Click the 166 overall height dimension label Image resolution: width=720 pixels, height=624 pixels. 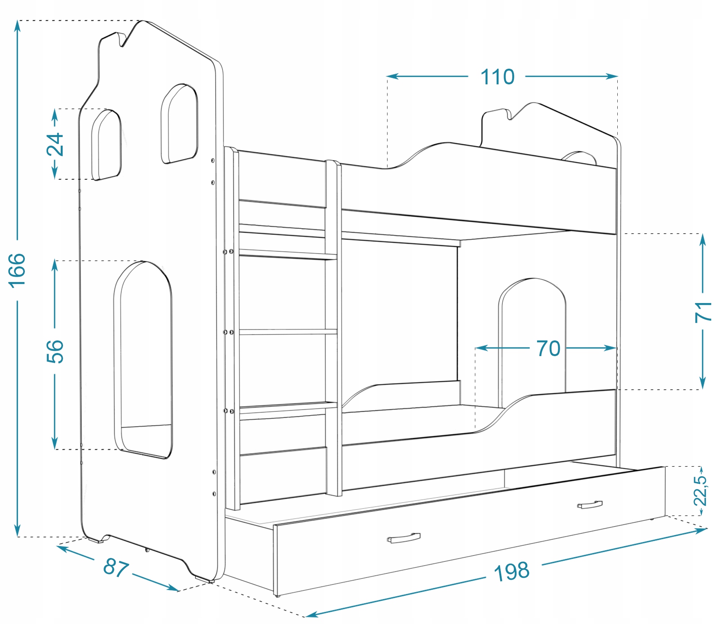(17, 270)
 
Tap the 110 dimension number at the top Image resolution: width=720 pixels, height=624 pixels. (497, 77)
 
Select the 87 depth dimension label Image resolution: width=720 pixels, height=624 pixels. (115, 567)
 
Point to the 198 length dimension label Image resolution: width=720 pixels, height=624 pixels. (511, 572)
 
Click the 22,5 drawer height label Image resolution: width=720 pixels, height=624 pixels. (701, 491)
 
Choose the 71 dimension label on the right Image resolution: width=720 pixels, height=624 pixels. (703, 312)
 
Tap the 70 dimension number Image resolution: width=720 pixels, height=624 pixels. (548, 348)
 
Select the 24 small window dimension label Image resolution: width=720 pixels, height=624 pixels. (55, 144)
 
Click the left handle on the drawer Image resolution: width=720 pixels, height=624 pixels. (404, 538)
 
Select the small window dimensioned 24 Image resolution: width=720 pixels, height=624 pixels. (106, 145)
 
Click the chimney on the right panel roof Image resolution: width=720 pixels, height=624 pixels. (496, 116)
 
